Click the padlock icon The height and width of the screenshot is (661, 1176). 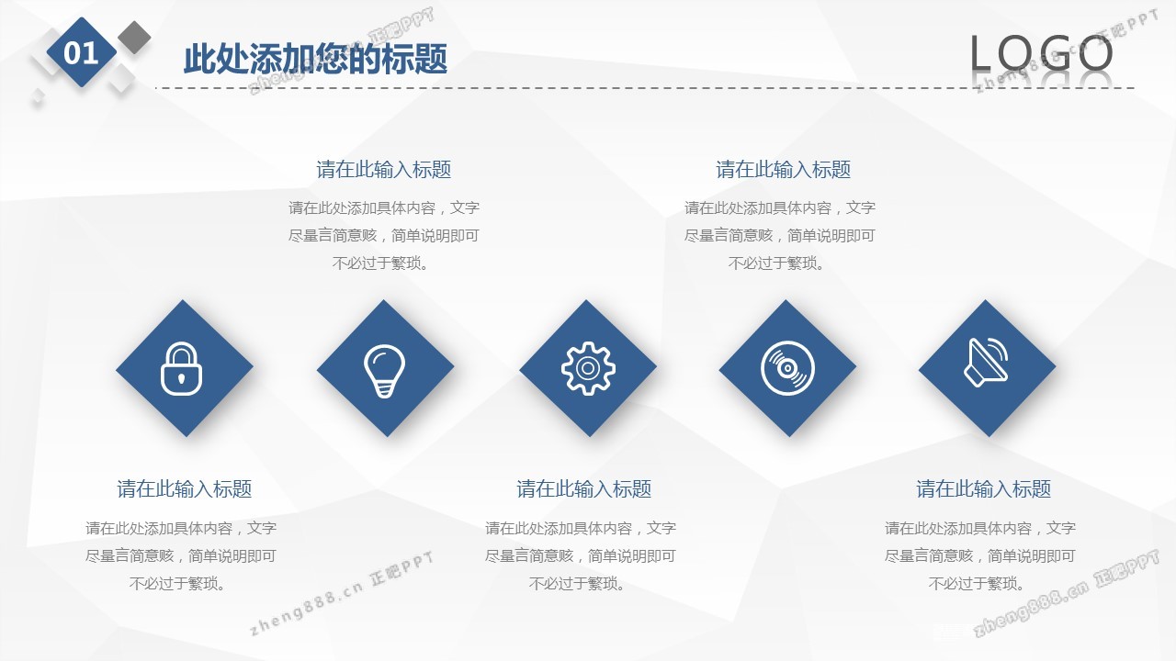181,368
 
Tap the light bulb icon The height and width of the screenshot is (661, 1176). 384,370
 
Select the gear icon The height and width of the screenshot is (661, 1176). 588,368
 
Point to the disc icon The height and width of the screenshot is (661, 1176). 787,368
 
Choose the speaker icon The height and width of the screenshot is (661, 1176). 986,362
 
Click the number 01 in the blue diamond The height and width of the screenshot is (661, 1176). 81,53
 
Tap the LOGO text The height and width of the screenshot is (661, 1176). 1041,53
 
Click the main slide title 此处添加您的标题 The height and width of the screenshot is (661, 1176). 315,58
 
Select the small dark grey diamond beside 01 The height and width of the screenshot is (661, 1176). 134,38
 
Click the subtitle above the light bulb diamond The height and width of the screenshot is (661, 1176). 384,170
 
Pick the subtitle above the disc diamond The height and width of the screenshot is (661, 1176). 784,170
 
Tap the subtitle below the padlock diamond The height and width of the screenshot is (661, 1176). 185,489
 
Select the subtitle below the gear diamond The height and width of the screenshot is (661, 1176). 583,489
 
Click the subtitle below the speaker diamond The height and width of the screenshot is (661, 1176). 983,489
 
